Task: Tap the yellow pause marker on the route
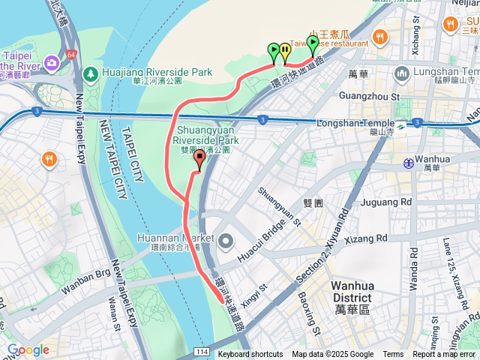coord(285,52)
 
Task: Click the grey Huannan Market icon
coord(226,240)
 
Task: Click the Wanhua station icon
coord(408,162)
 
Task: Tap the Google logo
coord(28,350)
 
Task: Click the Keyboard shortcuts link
coord(250,355)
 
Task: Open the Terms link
coord(393,355)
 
